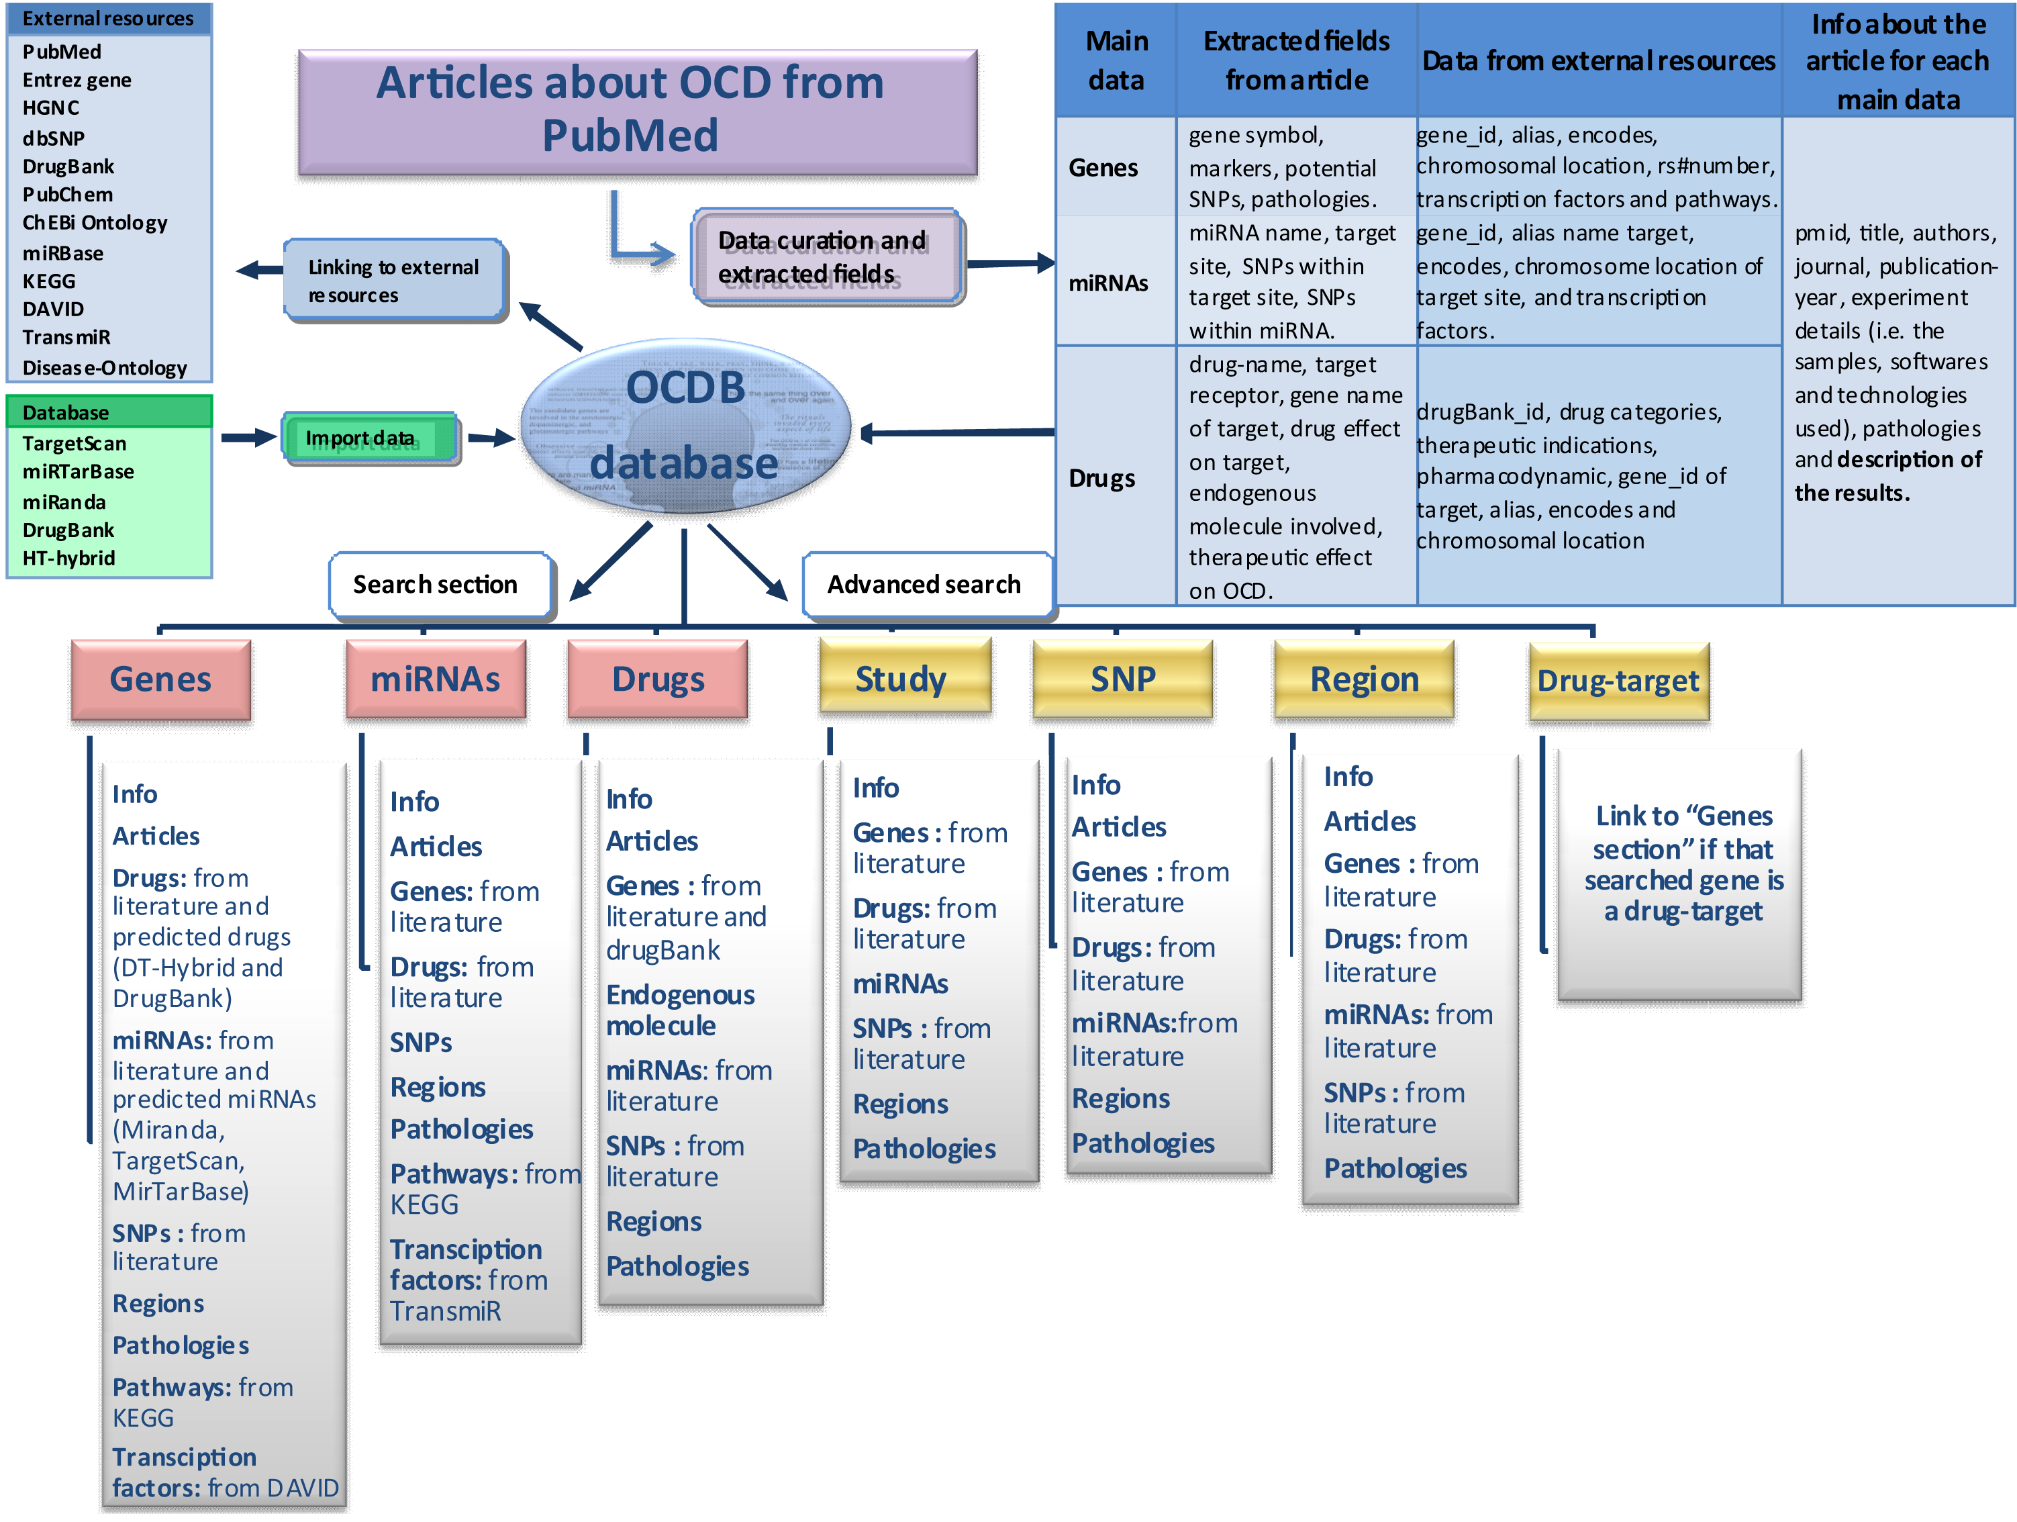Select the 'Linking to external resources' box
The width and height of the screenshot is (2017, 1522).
(x=395, y=280)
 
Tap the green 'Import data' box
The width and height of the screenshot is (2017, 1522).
(x=369, y=438)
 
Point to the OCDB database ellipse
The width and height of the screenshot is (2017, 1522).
(x=686, y=426)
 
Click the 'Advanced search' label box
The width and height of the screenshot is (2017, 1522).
(x=925, y=585)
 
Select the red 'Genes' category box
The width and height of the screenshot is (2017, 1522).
(x=160, y=679)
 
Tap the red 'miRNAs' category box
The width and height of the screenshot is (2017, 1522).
(x=436, y=679)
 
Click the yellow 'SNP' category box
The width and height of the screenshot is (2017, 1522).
(x=1122, y=679)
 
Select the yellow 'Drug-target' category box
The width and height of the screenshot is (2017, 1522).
(x=1618, y=681)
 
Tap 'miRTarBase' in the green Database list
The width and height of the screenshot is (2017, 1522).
(x=79, y=471)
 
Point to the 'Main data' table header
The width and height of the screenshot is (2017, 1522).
(x=1116, y=60)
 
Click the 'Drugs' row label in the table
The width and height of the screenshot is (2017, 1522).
(x=1102, y=478)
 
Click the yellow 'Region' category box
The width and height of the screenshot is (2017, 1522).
(x=1364, y=679)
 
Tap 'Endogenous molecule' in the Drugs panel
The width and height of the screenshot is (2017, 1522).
(x=679, y=1010)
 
